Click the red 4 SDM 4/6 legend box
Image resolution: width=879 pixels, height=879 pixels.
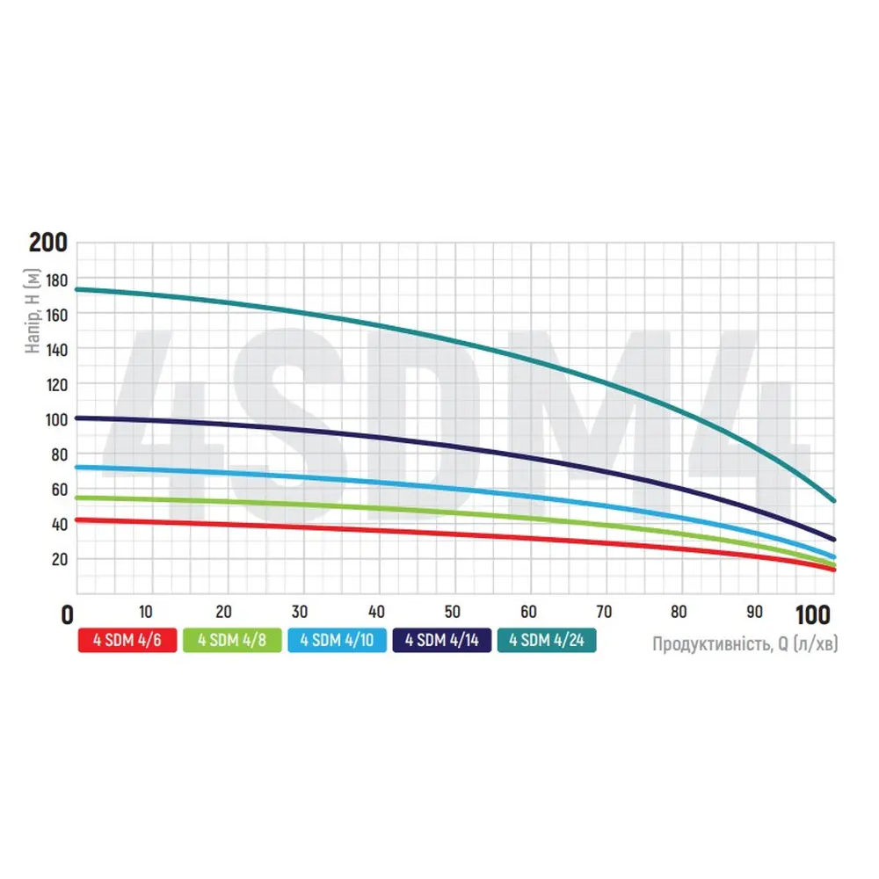pyautogui.click(x=127, y=641)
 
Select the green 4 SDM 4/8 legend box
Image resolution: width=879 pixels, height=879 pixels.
pyautogui.click(x=233, y=641)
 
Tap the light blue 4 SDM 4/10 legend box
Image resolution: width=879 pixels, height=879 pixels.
pyautogui.click(x=337, y=641)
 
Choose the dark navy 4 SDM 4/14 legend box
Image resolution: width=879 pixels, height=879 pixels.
pyautogui.click(x=442, y=641)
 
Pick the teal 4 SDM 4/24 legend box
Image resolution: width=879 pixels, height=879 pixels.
pyautogui.click(x=546, y=641)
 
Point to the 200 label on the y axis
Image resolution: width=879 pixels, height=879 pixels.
pyautogui.click(x=47, y=243)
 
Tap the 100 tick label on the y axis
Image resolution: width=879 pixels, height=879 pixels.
pyautogui.click(x=54, y=419)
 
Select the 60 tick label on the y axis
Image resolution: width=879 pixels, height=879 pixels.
pyautogui.click(x=58, y=490)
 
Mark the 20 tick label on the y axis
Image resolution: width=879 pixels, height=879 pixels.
pyautogui.click(x=58, y=560)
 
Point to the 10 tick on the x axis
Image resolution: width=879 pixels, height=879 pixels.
pyautogui.click(x=146, y=613)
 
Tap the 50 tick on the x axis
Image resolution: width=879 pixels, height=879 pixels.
pyautogui.click(x=453, y=613)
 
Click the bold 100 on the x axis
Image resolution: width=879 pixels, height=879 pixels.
pyautogui.click(x=817, y=614)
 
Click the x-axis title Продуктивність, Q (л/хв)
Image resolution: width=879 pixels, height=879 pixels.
pyautogui.click(x=745, y=644)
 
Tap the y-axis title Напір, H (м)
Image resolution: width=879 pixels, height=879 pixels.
pyautogui.click(x=33, y=312)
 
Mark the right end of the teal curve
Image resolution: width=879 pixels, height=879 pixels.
pyautogui.click(x=833, y=500)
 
